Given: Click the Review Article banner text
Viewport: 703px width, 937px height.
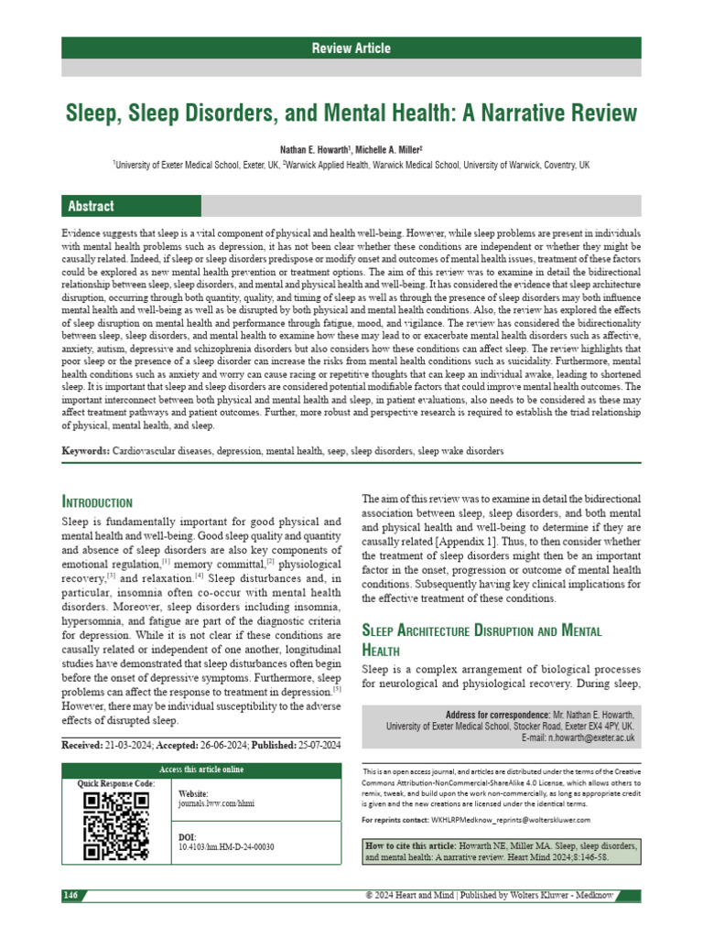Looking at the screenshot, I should [351, 48].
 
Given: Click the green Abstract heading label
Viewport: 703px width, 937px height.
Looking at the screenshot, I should [89, 207].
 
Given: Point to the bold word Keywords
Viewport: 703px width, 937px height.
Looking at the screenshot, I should [85, 451].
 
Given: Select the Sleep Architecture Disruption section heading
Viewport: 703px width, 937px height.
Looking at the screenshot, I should [479, 630].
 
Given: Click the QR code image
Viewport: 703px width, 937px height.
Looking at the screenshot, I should [115, 826].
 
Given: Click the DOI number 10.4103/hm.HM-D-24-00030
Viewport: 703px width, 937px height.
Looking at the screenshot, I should [225, 847].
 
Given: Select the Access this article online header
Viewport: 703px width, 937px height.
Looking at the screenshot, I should [201, 769].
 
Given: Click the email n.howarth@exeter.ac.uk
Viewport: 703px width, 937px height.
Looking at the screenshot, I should [590, 737].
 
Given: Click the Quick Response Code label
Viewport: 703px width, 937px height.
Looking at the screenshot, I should [115, 783].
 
